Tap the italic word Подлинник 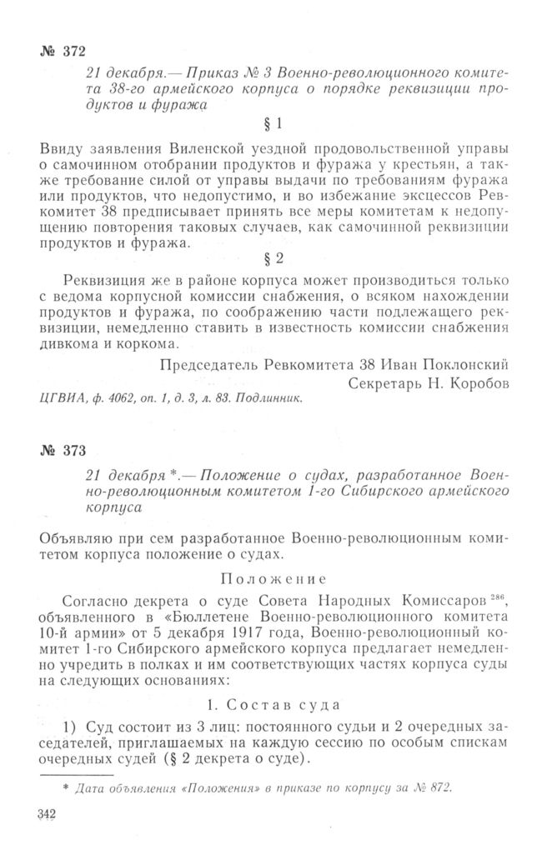(266, 397)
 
